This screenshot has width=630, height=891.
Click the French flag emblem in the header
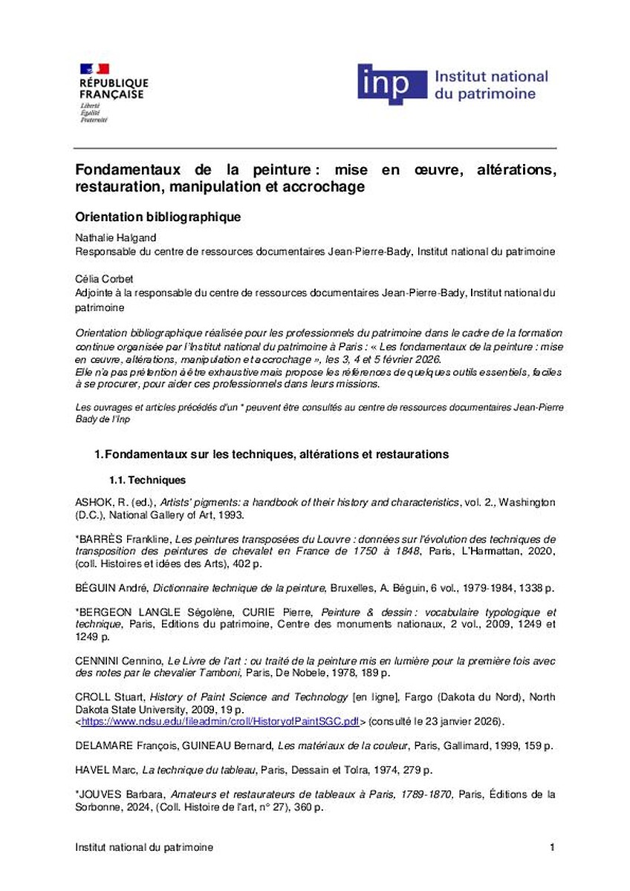pos(94,69)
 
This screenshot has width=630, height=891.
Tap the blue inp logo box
pos(392,84)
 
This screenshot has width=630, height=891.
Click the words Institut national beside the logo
pos(490,76)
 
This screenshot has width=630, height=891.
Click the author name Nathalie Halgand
pos(109,238)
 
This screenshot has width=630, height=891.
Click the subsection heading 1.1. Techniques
pos(147,480)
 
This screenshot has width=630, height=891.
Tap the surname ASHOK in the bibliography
pos(92,503)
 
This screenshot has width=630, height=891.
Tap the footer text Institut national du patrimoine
pos(144,847)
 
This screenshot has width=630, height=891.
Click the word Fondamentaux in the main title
pos(124,170)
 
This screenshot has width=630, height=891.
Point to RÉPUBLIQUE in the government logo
pos(114,83)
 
